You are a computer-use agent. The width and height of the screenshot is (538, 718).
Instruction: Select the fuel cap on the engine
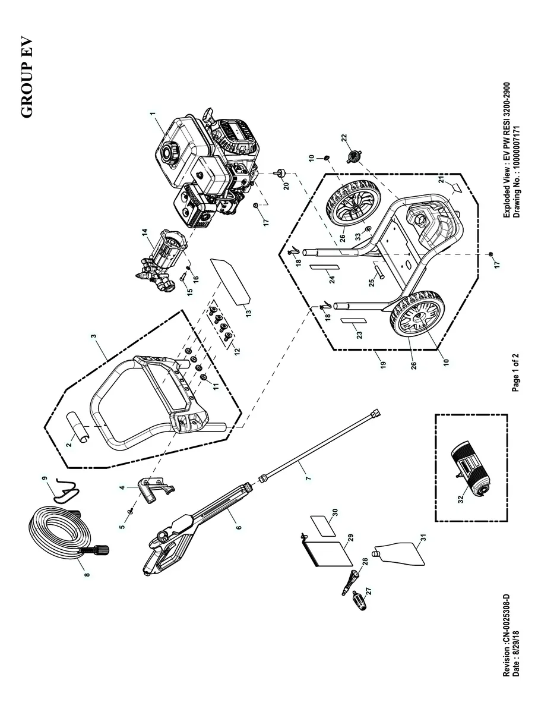[x=169, y=153]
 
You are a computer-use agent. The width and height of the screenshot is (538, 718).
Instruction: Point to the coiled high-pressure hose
[x=56, y=535]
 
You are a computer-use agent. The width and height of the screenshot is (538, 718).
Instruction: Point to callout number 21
[x=440, y=179]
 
